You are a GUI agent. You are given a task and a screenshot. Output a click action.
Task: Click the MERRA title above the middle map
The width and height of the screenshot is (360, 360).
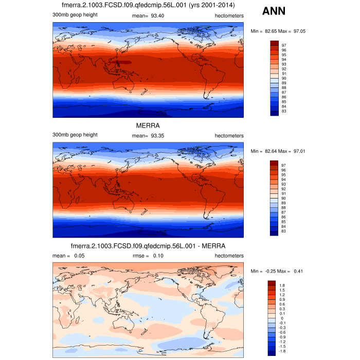coord(148,125)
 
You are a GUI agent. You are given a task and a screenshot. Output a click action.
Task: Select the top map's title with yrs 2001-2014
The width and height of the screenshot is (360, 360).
coord(148,6)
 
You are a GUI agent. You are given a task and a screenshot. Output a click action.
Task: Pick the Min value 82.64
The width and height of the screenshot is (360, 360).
coord(266,151)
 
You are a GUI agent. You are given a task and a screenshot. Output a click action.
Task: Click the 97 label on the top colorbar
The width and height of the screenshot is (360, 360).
coord(283,46)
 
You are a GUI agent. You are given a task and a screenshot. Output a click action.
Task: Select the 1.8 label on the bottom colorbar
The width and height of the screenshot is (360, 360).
coord(282,285)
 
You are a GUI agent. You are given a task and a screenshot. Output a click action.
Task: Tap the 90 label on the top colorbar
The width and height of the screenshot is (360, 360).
coord(283,78)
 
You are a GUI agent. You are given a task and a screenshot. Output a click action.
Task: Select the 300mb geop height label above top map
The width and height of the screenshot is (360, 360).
coord(75,15)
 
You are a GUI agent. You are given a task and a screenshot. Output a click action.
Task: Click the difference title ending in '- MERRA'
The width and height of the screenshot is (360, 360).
coord(148,245)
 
